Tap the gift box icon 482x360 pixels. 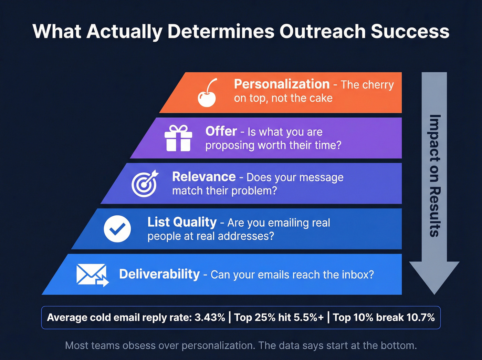[x=178, y=138]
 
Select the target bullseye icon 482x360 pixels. [x=145, y=184]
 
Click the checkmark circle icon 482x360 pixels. [x=117, y=229]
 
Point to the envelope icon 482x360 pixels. [x=92, y=275]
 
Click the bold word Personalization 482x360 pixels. [x=282, y=84]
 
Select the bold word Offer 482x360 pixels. [x=221, y=131]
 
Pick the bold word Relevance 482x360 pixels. [x=204, y=177]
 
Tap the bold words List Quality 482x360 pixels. [x=182, y=222]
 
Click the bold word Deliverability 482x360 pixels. [x=159, y=274]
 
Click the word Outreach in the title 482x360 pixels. [x=322, y=32]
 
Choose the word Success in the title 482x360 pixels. [x=410, y=32]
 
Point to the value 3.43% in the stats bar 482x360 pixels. [x=210, y=317]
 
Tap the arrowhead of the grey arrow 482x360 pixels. [x=434, y=276]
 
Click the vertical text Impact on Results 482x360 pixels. [x=435, y=176]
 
